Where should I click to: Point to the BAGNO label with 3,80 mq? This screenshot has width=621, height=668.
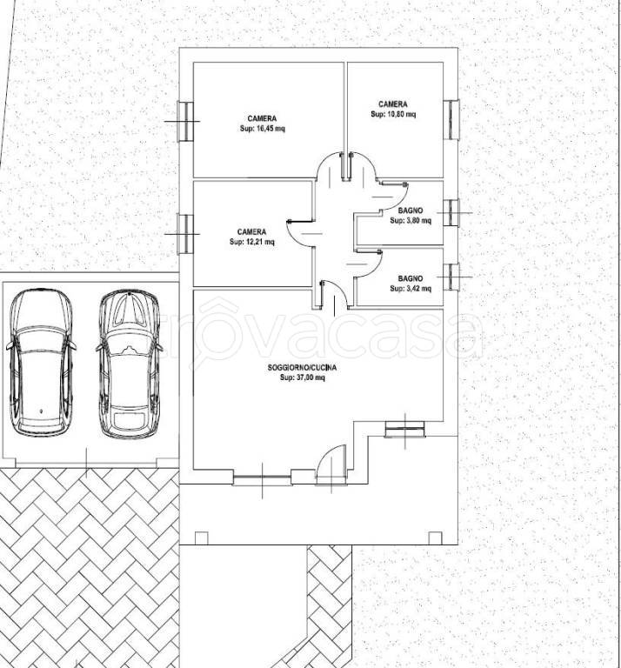point(411,210)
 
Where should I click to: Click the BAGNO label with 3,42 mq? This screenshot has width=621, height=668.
point(411,278)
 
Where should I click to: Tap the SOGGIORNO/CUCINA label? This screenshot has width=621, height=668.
point(302,367)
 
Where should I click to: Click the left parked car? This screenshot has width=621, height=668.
point(41,362)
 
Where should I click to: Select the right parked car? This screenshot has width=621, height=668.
point(130,364)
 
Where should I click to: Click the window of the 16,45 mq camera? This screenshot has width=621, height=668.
point(186,122)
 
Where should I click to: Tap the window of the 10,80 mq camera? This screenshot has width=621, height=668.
point(451,119)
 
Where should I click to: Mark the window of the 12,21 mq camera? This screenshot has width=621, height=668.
point(186,234)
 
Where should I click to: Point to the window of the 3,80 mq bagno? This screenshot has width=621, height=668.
point(451,212)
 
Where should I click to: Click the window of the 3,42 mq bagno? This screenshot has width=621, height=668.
point(451,277)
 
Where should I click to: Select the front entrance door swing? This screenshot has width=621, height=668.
point(331,465)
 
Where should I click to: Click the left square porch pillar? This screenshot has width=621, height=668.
point(202,538)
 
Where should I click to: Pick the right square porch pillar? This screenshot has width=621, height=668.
point(435,538)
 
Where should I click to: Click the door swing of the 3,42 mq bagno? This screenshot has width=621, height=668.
point(369,264)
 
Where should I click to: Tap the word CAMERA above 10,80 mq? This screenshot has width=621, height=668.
point(393,104)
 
